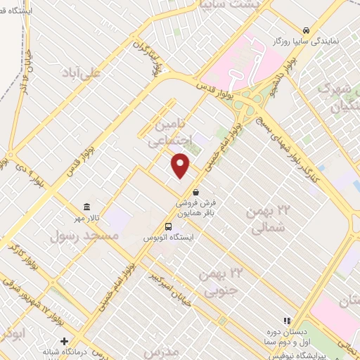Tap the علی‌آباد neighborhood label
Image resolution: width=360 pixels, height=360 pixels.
[82, 72]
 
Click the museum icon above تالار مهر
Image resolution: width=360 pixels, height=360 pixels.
[86, 206]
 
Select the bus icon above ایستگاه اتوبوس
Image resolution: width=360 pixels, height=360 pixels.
[168, 226]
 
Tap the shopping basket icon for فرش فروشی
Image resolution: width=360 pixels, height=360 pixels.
[195, 191]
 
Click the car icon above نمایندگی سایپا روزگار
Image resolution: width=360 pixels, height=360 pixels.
[307, 30]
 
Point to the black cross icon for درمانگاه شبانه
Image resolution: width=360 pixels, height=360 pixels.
[64, 341]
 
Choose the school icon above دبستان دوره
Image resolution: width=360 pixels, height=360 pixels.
[286, 321]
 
